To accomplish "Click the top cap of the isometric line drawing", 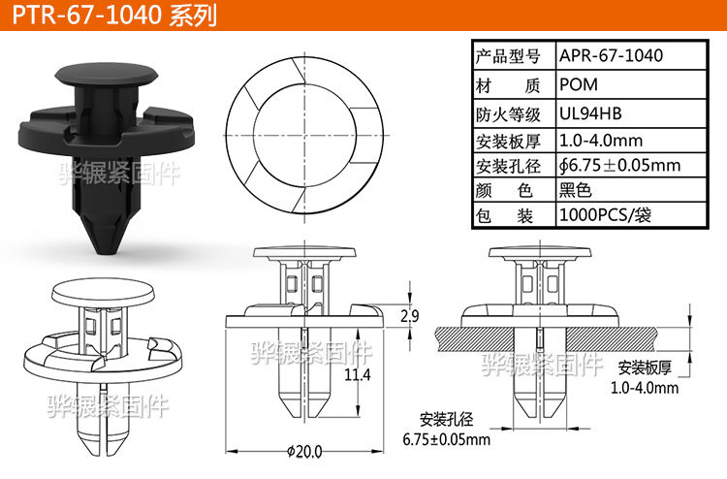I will pos(101,289).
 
